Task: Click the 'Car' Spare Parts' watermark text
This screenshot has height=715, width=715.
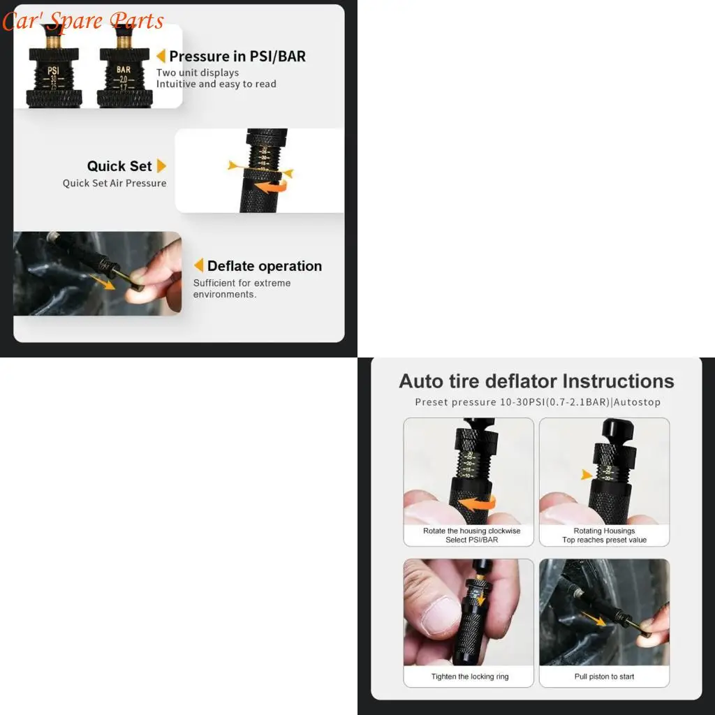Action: coord(82,20)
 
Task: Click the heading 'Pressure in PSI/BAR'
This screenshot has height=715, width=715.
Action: coord(237,57)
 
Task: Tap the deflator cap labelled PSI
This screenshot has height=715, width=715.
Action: coord(53,77)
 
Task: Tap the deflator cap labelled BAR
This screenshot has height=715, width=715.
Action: coord(124,77)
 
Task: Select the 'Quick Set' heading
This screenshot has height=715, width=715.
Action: coord(119,166)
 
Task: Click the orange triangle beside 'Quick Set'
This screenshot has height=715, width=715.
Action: coord(161,166)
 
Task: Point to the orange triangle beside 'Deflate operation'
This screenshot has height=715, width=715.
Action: coord(198,265)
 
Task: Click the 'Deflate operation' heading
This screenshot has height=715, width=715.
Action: coord(264,266)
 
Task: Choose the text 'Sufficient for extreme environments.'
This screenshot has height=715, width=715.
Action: coord(242,288)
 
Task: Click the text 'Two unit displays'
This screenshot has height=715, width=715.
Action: coord(198,73)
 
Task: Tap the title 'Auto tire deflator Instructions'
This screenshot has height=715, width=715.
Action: coord(536,381)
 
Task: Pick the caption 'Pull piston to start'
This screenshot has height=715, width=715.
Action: coord(604,677)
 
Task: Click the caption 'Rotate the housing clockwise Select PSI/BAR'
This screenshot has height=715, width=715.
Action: coord(471,536)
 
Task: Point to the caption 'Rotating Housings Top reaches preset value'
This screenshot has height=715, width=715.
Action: coord(604,536)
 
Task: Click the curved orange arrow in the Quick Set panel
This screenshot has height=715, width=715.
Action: coord(270,186)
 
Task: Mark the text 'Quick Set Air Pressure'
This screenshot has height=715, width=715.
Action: coord(115,183)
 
